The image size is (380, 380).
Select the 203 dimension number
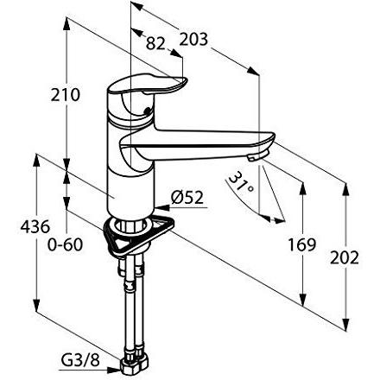coord(195,37)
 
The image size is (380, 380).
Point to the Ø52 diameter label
coord(187,197)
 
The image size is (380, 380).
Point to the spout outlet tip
coord(256,156)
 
